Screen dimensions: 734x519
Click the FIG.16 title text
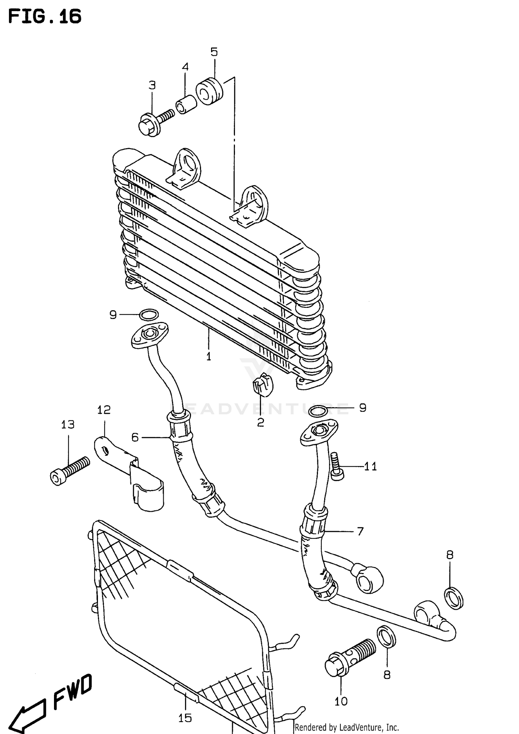(x=45, y=16)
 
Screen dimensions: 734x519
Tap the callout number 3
(x=152, y=85)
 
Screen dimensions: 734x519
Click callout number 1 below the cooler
(x=209, y=356)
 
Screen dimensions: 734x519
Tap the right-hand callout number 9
(x=362, y=408)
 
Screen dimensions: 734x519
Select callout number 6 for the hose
(x=135, y=438)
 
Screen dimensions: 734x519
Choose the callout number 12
(x=103, y=410)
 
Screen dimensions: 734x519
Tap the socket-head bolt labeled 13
(x=69, y=471)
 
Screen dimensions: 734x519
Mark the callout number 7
(x=360, y=531)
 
